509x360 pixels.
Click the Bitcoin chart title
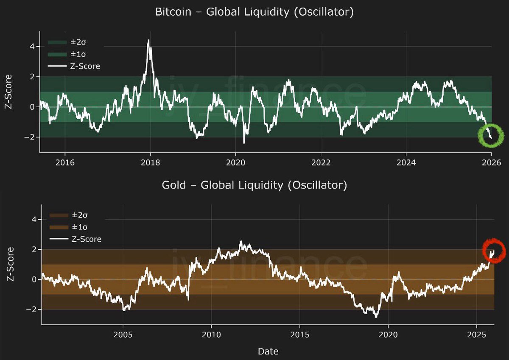255,12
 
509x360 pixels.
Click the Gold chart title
255,185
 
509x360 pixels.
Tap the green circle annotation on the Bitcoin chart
491,136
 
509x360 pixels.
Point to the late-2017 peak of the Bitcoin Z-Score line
148,41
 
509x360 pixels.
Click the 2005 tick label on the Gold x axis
123,334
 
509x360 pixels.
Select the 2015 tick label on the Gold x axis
300,334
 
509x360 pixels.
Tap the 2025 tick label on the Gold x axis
477,334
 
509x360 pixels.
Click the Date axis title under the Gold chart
268,351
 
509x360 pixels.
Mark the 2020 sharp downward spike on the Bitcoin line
244,142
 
